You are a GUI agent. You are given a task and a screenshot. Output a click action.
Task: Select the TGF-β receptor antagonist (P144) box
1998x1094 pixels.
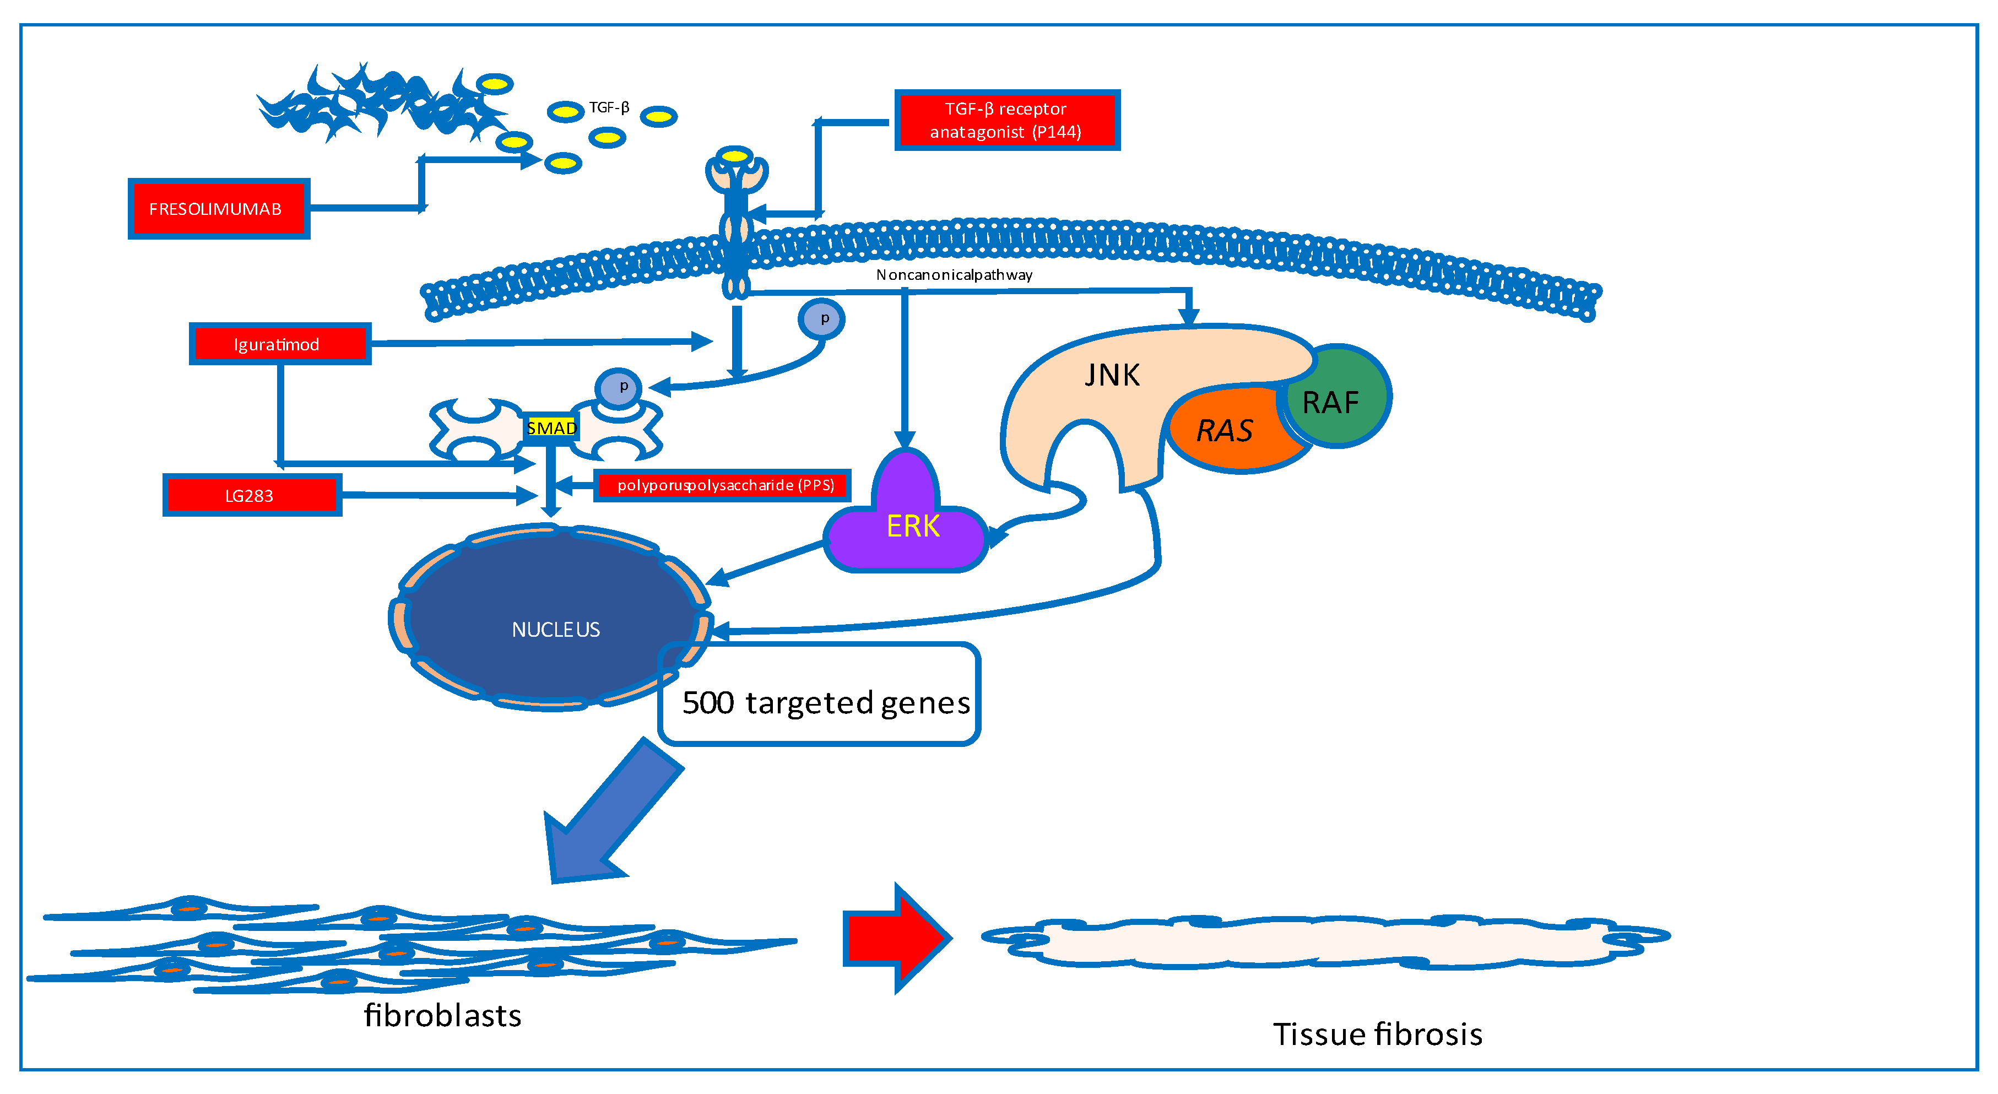[1006, 120]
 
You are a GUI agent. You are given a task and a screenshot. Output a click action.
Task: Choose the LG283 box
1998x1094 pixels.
[251, 495]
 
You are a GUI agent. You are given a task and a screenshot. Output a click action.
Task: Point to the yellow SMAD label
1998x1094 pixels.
[551, 428]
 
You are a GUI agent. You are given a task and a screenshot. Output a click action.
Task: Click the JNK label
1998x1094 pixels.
[1112, 375]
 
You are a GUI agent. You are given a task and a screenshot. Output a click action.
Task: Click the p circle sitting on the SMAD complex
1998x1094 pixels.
[618, 387]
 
